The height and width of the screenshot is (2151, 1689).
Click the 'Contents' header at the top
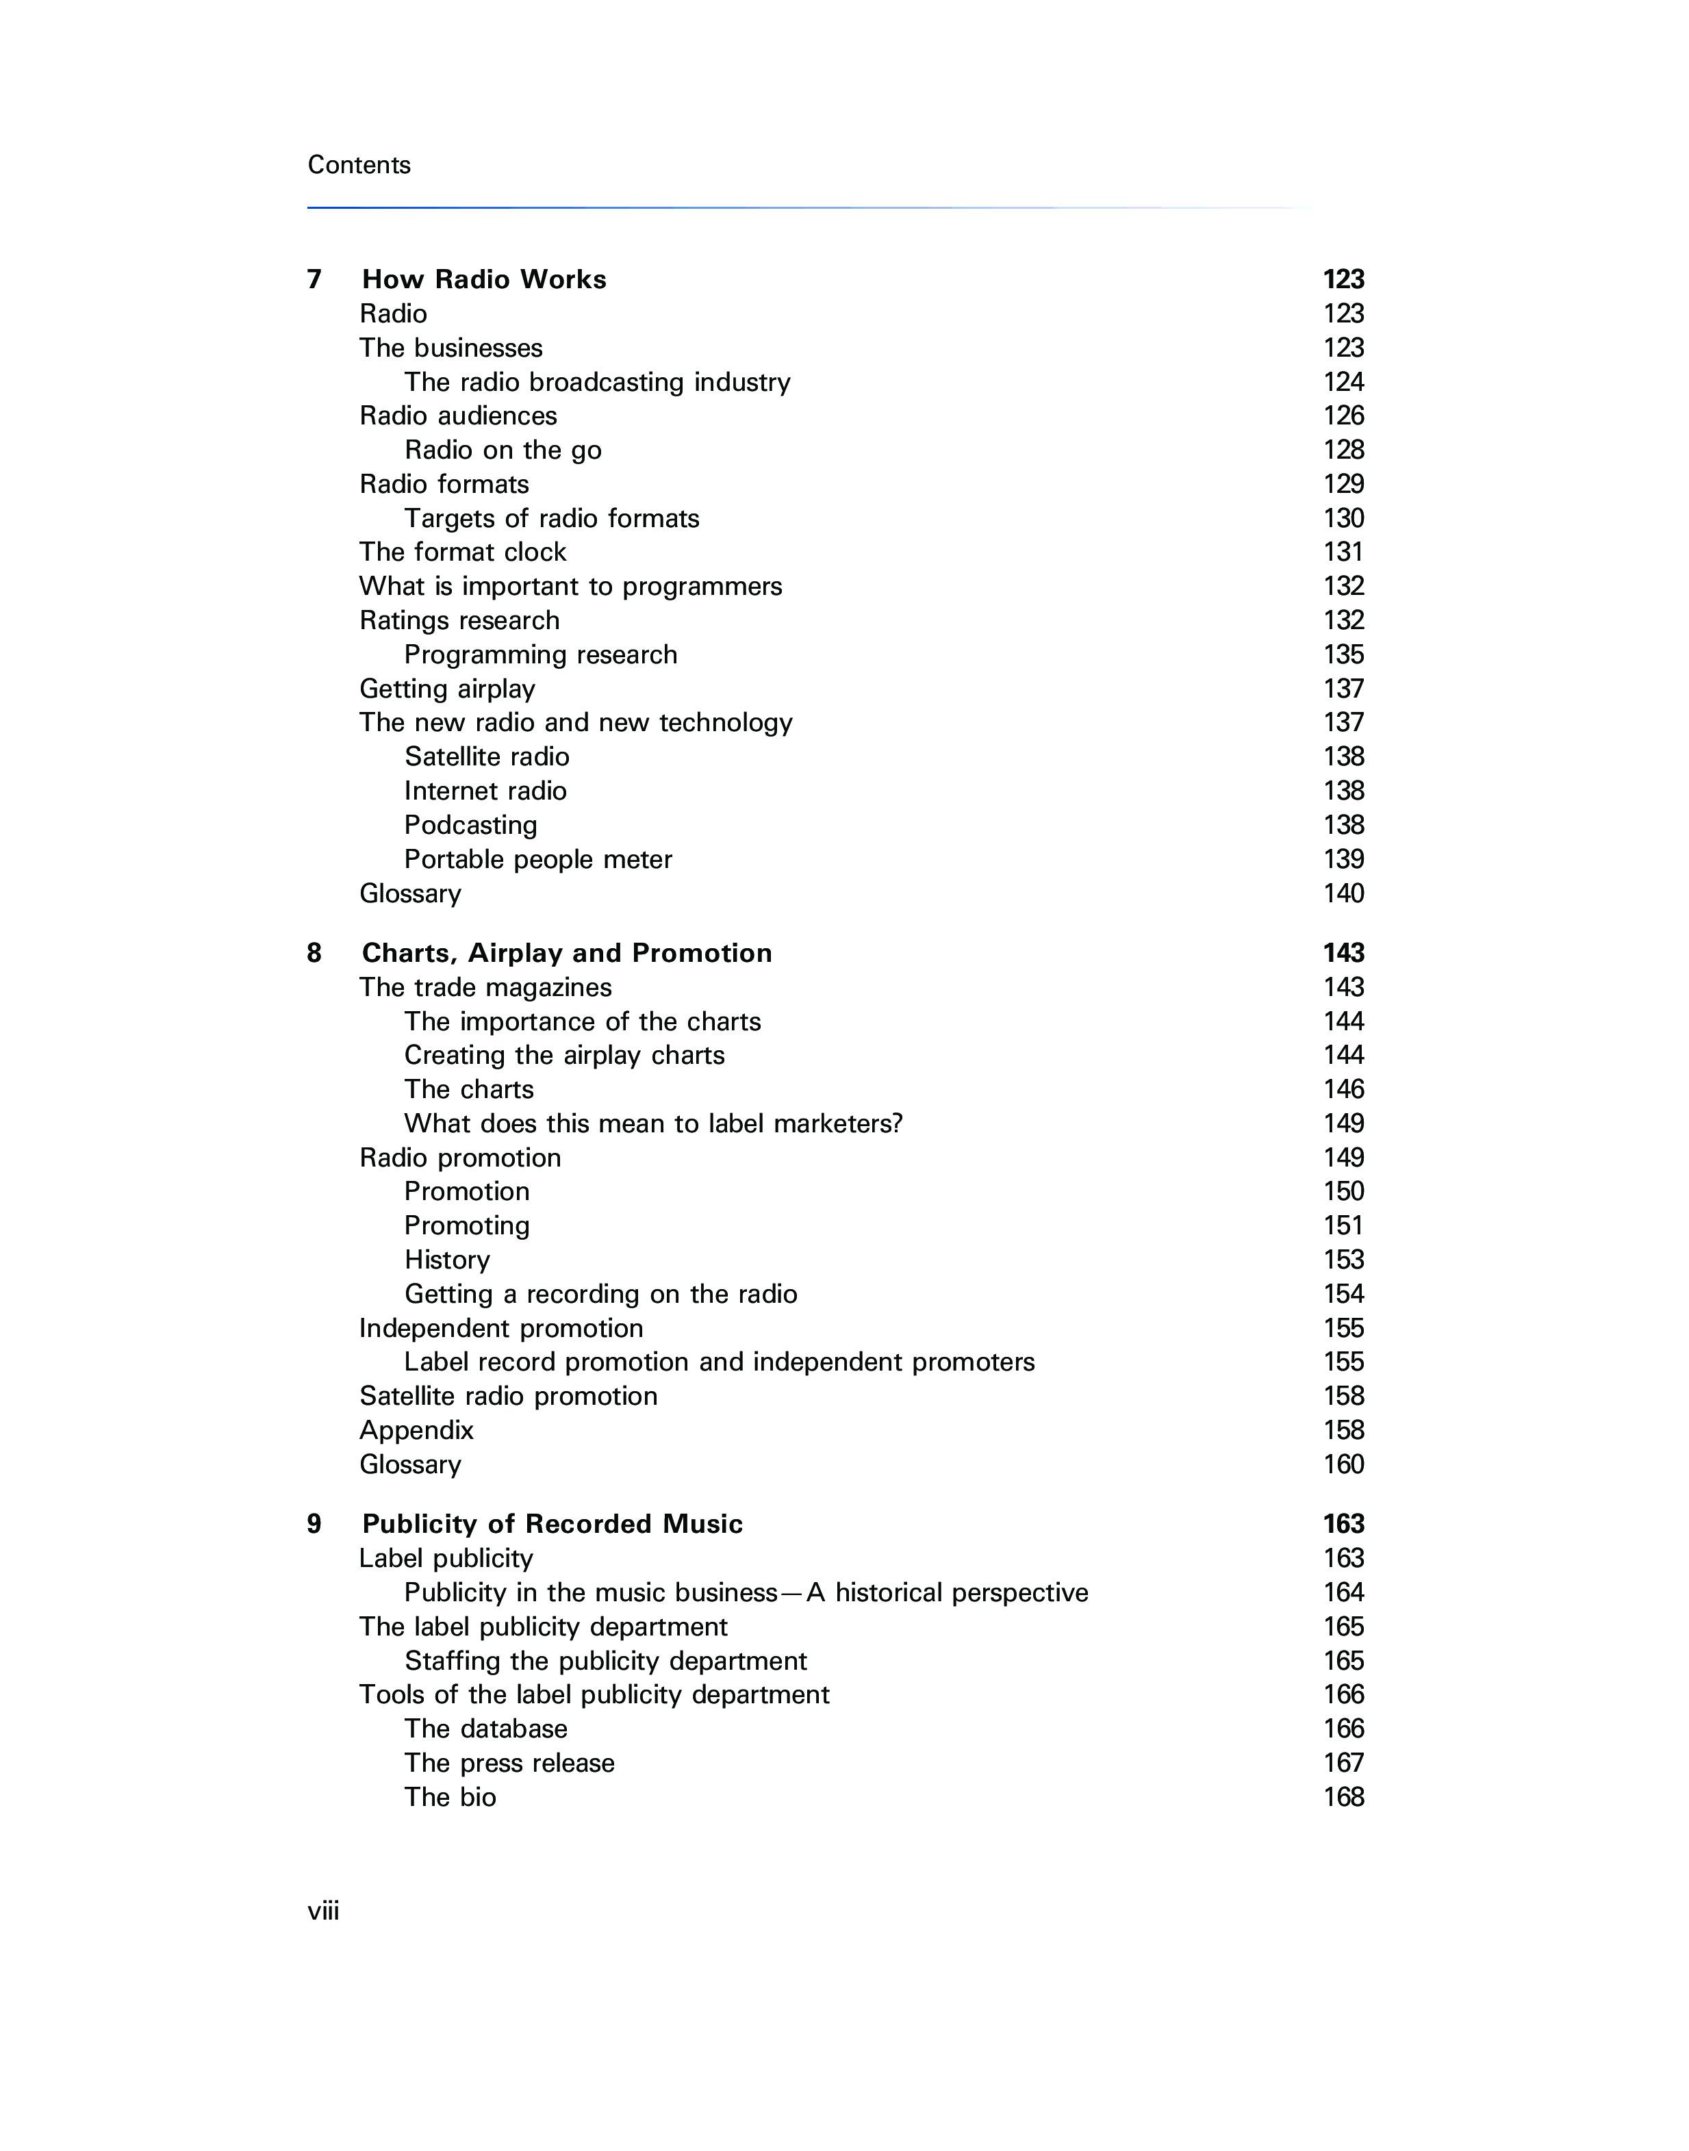(359, 165)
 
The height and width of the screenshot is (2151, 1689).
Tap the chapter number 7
(314, 280)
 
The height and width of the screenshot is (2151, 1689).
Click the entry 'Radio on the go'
(503, 451)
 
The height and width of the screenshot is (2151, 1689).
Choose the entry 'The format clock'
(462, 553)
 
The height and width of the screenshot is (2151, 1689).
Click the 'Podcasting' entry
(471, 826)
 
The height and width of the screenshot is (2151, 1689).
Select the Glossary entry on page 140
(410, 894)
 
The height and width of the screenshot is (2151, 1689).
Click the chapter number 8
(314, 954)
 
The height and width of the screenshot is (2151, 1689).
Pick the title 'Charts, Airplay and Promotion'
(567, 954)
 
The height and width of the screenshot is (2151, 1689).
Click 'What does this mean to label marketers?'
(654, 1125)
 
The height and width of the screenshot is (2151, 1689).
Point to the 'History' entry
(447, 1261)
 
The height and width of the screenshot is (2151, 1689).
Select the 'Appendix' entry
(416, 1431)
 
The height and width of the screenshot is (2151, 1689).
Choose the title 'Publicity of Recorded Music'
(552, 1525)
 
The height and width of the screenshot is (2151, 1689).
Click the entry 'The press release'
(509, 1764)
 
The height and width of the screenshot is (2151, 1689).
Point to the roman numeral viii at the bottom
(323, 1911)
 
